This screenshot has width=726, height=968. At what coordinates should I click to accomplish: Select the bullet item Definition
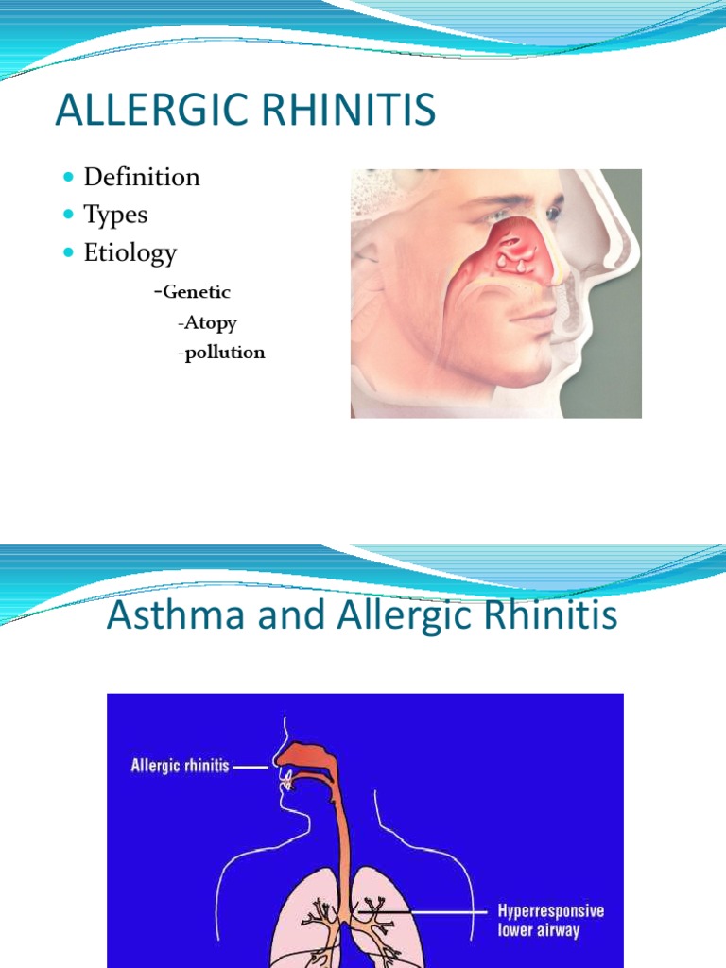coord(142,177)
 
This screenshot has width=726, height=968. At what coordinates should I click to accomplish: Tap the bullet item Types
coord(115,215)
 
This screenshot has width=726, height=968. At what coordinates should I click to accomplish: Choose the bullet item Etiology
coord(130,252)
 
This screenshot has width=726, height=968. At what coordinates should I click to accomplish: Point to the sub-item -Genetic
coord(192,292)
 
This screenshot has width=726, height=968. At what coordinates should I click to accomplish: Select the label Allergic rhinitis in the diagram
coord(180,767)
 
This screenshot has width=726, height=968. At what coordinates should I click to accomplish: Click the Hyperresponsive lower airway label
coord(550,921)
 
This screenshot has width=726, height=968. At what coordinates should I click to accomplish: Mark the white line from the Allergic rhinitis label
coord(251,768)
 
